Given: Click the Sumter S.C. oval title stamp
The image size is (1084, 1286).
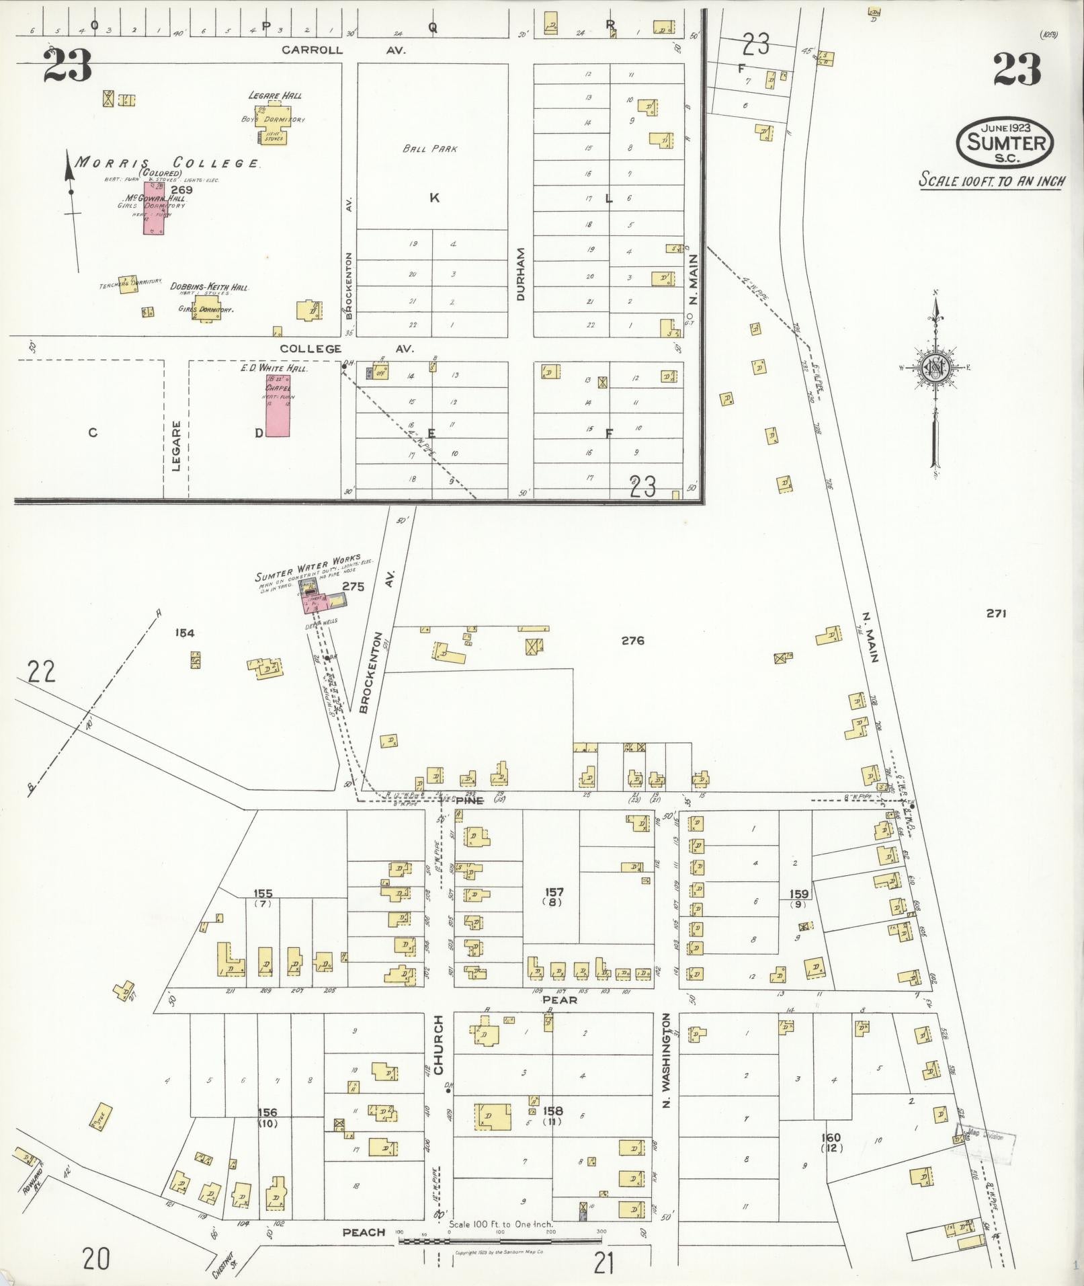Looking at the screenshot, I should tap(1005, 142).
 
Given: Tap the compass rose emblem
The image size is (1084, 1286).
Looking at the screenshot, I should tap(934, 367).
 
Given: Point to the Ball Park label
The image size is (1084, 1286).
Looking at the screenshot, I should tap(430, 149).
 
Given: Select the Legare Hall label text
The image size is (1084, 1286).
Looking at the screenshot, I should tap(274, 95).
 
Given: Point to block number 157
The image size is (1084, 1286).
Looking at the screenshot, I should tap(554, 892).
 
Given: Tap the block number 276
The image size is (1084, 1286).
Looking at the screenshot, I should tap(632, 641).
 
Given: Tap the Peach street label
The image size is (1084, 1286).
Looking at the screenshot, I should tap(364, 1232).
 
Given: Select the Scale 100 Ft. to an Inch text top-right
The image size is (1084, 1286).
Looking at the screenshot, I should tap(991, 180).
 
